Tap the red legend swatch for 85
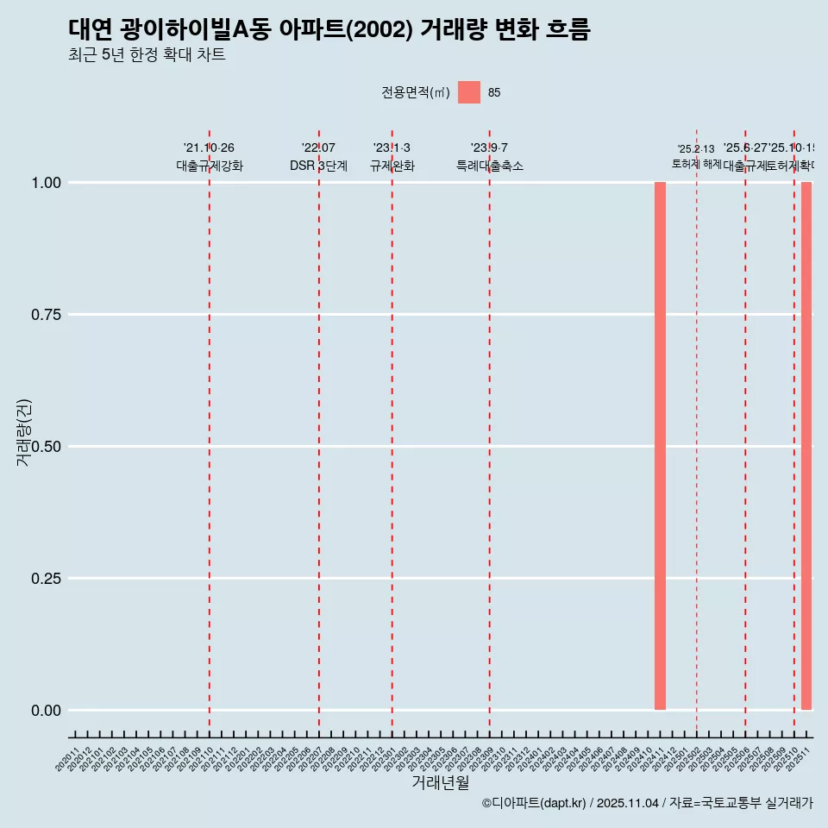pos(469,92)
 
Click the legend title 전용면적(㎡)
pos(415,92)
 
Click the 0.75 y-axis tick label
pos(45,315)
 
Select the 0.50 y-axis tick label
pos(45,447)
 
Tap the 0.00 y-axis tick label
pos(45,711)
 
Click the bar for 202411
pos(660,446)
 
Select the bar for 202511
pos(806,446)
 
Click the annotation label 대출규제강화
pos(210,166)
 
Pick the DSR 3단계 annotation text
pos(318,166)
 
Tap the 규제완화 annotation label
pos(392,166)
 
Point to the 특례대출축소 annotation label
pos(490,166)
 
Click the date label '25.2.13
pos(696,149)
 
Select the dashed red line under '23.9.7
pos(490,431)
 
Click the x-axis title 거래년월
pos(440,782)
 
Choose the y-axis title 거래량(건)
pos(23,432)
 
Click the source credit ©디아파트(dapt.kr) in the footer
pos(534,804)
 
